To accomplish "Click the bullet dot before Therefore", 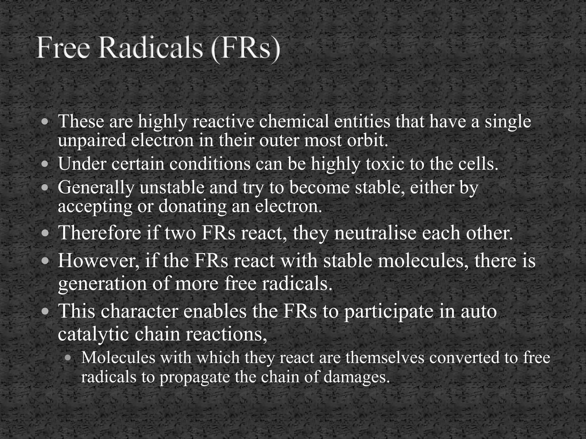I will click(45, 233).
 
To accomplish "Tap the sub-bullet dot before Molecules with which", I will click(68, 358).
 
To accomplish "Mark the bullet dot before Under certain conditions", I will click(45, 164).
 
